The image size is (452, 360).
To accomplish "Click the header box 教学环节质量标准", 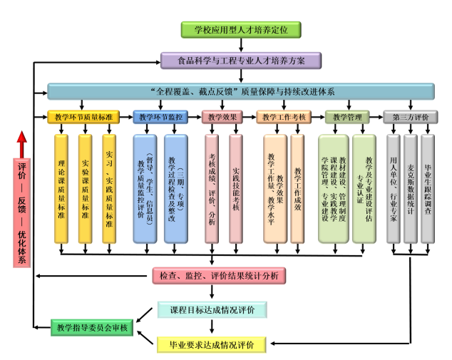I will (83, 117).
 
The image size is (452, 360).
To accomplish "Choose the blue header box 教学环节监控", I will (160, 117).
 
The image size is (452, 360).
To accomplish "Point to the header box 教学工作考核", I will (284, 117).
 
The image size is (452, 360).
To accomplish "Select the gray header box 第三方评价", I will (411, 117).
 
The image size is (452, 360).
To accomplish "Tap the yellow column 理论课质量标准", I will (63, 188).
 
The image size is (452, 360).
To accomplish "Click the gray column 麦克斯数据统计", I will (411, 188).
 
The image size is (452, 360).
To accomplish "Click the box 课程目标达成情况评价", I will (212, 310).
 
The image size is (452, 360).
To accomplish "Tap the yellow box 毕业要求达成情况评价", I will (212, 345).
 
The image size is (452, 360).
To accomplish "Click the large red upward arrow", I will (22, 146).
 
